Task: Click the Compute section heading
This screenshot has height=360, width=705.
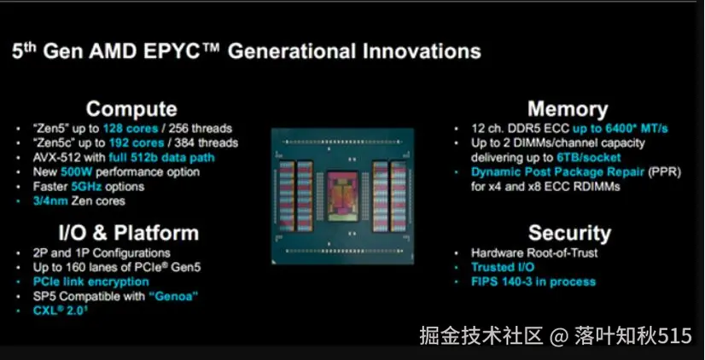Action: [131, 109]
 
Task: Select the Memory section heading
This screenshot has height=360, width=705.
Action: [568, 109]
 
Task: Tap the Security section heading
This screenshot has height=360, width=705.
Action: [569, 233]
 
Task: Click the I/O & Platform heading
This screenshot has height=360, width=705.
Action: [129, 233]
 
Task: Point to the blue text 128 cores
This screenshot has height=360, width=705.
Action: [131, 129]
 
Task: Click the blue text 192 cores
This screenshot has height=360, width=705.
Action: [137, 143]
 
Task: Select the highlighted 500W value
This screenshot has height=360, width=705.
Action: [77, 171]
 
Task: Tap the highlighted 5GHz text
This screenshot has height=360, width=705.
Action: [87, 186]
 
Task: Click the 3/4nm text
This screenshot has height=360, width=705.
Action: [50, 200]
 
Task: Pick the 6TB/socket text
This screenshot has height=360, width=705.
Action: [589, 157]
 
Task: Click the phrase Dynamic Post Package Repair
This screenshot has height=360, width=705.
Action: [558, 171]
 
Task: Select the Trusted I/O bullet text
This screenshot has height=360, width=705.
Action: [503, 267]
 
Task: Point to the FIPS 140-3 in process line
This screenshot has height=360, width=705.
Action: [533, 282]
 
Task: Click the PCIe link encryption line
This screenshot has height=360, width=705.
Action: [90, 282]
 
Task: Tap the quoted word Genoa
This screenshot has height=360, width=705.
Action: [173, 296]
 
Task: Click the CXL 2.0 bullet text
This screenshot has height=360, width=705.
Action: [60, 311]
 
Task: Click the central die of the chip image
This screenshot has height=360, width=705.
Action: [342, 196]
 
